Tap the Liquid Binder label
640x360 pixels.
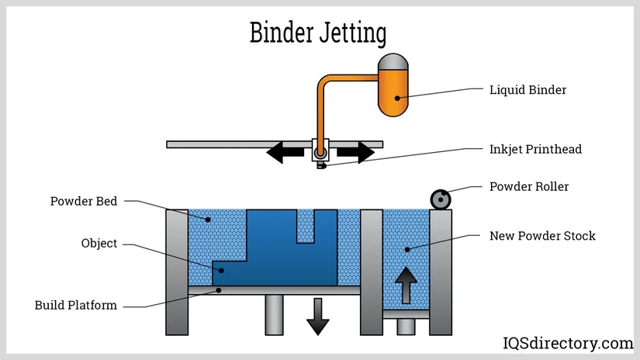click(x=528, y=90)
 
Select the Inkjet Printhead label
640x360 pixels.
click(x=535, y=149)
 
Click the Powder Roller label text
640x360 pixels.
click(x=529, y=187)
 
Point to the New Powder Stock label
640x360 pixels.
click(x=542, y=235)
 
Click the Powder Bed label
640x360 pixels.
click(x=84, y=202)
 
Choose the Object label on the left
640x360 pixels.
click(x=99, y=244)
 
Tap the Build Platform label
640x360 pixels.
click(x=76, y=305)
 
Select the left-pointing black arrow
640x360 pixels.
click(x=285, y=153)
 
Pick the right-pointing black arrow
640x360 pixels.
click(x=355, y=153)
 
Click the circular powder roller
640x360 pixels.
click(x=441, y=199)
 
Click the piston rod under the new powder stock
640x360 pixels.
click(x=406, y=327)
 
